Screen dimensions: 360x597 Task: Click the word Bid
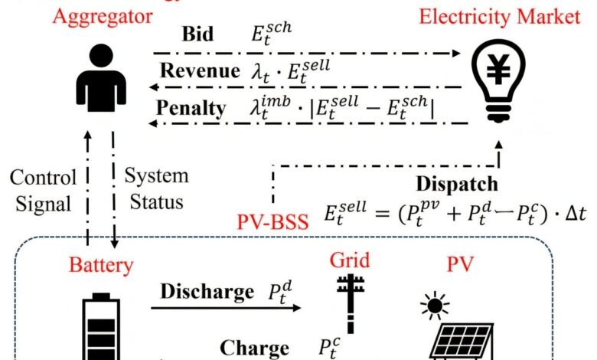(197, 35)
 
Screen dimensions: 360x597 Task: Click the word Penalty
(191, 107)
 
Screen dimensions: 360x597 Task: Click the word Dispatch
(457, 184)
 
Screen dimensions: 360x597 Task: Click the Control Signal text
(44, 189)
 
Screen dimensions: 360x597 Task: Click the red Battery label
(101, 266)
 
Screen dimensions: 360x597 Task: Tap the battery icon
(100, 329)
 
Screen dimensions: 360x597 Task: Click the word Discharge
(207, 292)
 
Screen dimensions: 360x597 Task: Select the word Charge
(255, 347)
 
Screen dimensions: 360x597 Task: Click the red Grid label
(348, 260)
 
